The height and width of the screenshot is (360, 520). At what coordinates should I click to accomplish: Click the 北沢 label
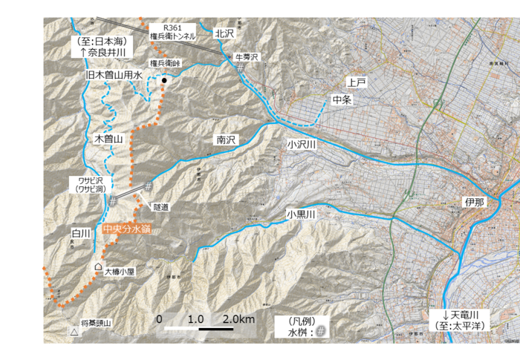pyautogui.click(x=224, y=33)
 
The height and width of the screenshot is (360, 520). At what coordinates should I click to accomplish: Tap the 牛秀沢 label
pyautogui.click(x=244, y=56)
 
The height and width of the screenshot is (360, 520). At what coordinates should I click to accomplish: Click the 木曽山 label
pyautogui.click(x=108, y=139)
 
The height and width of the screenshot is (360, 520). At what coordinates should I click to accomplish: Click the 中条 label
pyautogui.click(x=342, y=99)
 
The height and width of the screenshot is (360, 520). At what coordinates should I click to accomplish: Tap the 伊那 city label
pyautogui.click(x=475, y=202)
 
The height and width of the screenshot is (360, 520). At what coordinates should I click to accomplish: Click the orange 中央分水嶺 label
pyautogui.click(x=127, y=230)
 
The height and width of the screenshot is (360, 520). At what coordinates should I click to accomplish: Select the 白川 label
pyautogui.click(x=81, y=234)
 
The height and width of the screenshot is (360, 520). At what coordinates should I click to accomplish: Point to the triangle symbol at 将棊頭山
pyautogui.click(x=74, y=333)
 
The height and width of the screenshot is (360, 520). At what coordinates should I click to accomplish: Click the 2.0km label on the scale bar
pyautogui.click(x=238, y=319)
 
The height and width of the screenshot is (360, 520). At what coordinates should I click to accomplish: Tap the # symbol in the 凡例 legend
pyautogui.click(x=320, y=332)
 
